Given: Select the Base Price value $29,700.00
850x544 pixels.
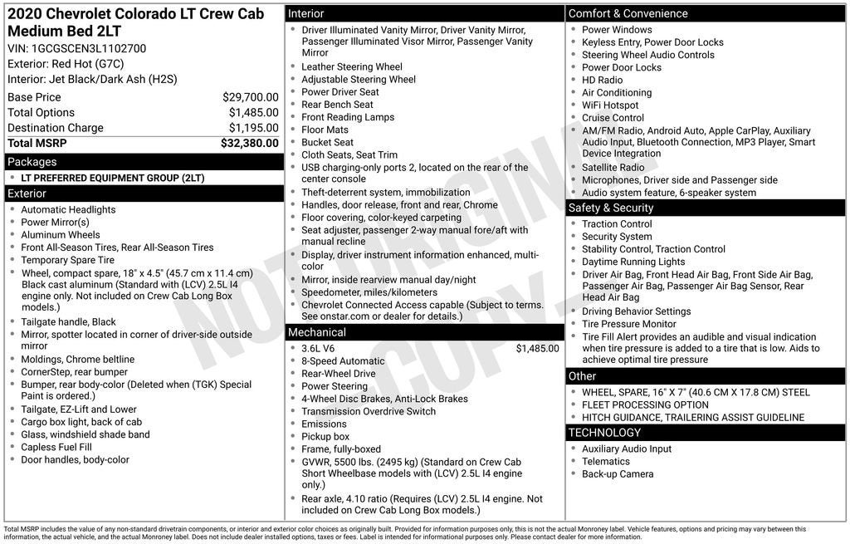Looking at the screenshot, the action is click(250, 97).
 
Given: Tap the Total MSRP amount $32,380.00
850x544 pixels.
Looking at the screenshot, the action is click(249, 143).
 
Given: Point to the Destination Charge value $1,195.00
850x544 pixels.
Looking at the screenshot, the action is click(253, 128).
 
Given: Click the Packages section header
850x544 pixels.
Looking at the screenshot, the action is click(32, 162).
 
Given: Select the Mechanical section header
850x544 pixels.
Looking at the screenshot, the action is click(316, 332).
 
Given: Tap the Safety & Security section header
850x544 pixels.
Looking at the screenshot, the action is click(610, 208).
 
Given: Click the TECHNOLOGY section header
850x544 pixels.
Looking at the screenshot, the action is click(604, 433).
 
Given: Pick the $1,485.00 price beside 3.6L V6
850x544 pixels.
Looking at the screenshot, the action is click(537, 349).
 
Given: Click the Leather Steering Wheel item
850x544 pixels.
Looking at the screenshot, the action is click(351, 67).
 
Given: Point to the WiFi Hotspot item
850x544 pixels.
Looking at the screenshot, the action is click(610, 105).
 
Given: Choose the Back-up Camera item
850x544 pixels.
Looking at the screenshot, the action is click(618, 474).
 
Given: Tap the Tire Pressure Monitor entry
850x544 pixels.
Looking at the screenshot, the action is click(628, 324).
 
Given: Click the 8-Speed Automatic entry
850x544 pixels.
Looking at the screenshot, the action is click(343, 361).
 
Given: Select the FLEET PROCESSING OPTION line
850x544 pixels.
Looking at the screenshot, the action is click(645, 405).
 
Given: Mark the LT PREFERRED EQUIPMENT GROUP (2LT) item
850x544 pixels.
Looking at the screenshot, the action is click(112, 178).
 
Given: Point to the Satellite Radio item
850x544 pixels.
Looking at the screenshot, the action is click(613, 168).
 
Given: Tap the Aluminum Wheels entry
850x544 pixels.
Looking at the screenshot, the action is click(61, 235).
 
